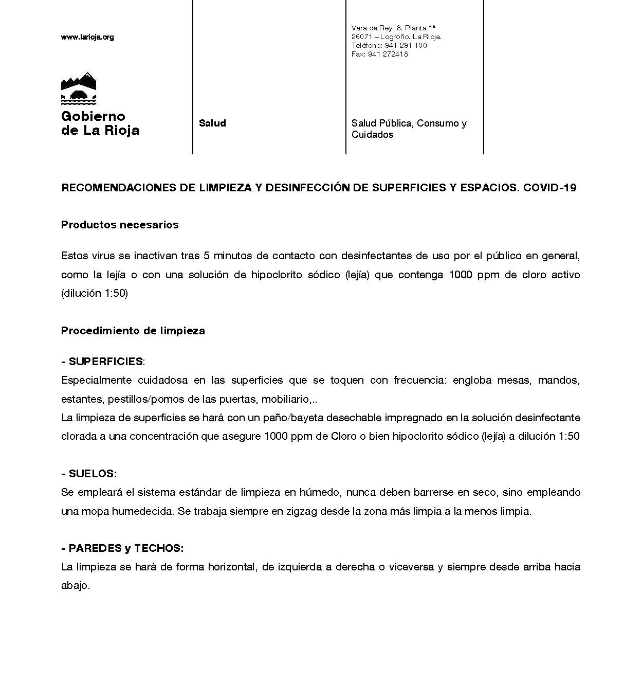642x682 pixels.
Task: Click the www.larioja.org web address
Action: (x=87, y=37)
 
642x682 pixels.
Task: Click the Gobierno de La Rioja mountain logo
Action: (x=79, y=88)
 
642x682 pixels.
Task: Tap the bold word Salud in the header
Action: (x=212, y=123)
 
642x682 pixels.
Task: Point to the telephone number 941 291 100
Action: (x=406, y=45)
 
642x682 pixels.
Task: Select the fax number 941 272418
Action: (x=388, y=54)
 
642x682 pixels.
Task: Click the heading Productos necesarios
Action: (x=120, y=225)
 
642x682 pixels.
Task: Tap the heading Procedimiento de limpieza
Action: (x=133, y=331)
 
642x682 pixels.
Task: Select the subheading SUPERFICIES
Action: (x=105, y=362)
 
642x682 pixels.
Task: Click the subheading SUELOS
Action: (x=93, y=474)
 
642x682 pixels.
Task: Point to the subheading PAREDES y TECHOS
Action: (x=126, y=548)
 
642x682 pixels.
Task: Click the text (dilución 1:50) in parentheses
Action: (x=95, y=294)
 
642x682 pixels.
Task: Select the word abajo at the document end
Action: (x=75, y=586)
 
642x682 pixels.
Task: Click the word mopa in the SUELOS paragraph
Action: (x=97, y=512)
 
